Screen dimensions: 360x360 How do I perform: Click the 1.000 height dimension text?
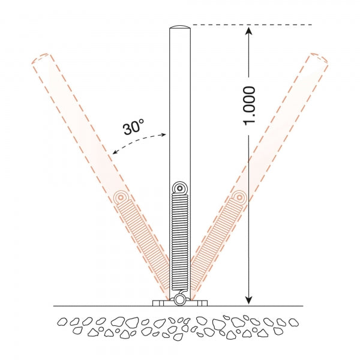[249, 106]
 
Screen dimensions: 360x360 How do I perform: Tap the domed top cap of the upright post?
[180, 27]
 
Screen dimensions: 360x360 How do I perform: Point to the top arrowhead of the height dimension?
[248, 31]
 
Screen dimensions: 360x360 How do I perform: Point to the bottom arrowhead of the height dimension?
[248, 300]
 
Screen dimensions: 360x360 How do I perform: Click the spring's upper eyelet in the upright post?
[180, 188]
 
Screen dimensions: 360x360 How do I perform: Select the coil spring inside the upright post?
[180, 241]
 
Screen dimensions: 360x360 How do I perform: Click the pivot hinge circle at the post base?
[179, 300]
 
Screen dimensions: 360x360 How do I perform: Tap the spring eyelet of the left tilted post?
[121, 197]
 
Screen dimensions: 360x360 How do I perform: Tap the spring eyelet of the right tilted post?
[239, 197]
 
